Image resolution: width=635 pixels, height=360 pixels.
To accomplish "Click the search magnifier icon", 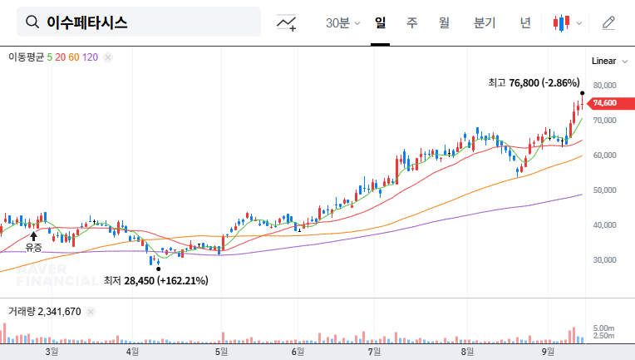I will [32, 22].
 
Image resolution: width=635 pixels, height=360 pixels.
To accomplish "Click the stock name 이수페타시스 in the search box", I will [87, 22].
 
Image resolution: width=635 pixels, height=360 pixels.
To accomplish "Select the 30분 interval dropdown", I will [342, 22].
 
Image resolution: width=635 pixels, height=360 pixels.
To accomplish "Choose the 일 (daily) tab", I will [381, 22].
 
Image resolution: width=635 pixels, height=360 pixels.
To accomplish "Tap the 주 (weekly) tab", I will [411, 22].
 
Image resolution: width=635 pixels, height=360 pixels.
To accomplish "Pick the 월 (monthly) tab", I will [444, 22].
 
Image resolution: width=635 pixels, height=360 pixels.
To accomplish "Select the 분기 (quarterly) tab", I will [484, 22].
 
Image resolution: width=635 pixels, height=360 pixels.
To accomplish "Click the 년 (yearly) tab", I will [525, 22].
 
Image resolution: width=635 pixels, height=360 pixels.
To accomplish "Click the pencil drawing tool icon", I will [608, 22].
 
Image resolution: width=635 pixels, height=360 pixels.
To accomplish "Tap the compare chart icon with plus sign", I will [288, 22].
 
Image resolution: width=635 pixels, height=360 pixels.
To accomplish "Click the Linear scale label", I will [603, 62].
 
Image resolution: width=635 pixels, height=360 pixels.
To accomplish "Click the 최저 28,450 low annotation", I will [155, 281].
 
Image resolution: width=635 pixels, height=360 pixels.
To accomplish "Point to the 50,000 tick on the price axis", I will [604, 190].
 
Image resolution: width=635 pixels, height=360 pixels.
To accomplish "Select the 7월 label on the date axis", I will [375, 351].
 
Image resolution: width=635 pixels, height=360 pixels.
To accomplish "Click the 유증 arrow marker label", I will [33, 247].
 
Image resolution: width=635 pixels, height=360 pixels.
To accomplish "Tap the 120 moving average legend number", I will [91, 57].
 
